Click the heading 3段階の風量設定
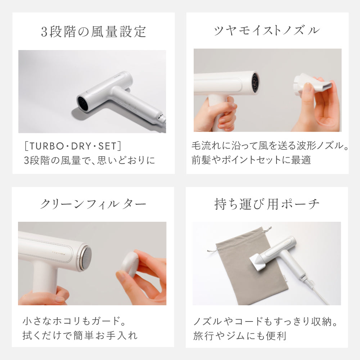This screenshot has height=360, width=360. [x=93, y=32]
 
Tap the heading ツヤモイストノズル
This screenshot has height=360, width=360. [x=267, y=31]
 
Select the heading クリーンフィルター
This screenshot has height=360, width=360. [x=93, y=204]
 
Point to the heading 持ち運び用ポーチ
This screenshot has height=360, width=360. [x=267, y=204]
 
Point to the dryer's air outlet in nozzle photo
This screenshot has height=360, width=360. [x=255, y=82]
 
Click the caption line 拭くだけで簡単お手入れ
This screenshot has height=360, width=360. [x=80, y=336]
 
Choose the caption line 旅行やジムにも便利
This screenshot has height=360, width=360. [x=239, y=336]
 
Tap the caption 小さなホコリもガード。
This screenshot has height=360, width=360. [x=75, y=320]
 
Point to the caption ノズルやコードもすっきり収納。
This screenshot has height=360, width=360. [x=265, y=320]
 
